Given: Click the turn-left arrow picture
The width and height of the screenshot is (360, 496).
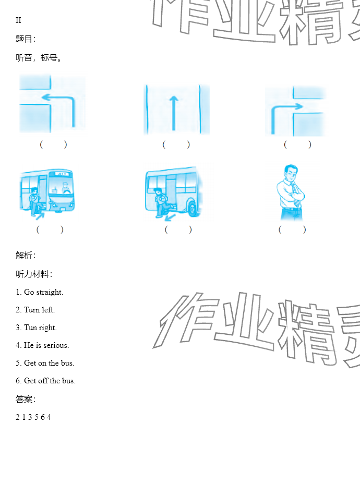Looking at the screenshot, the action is (x=52, y=104).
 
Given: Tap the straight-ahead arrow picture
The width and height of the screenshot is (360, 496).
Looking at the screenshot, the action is (x=176, y=109).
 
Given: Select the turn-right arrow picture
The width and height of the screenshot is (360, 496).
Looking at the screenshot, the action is (x=295, y=111).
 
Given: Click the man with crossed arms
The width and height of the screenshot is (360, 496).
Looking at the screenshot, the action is (x=291, y=192).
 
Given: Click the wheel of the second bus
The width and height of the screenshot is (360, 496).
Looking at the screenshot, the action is (x=193, y=208).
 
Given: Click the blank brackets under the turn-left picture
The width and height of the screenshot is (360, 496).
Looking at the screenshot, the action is (x=53, y=144).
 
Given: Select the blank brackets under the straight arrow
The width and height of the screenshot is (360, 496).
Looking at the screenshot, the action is (x=176, y=144).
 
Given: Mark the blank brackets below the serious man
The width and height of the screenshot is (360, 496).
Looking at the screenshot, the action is (x=292, y=229).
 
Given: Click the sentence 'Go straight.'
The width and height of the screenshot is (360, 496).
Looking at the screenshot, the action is (x=44, y=292).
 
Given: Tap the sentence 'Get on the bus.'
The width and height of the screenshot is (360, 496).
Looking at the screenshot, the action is (x=49, y=363).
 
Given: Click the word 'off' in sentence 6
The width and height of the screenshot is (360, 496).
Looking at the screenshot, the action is (x=43, y=381).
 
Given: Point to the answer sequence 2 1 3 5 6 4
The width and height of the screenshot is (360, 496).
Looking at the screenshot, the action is (x=33, y=417).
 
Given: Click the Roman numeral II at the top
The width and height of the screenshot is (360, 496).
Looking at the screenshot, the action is (x=18, y=20).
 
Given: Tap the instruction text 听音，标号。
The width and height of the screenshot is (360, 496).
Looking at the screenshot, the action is (x=39, y=57).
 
